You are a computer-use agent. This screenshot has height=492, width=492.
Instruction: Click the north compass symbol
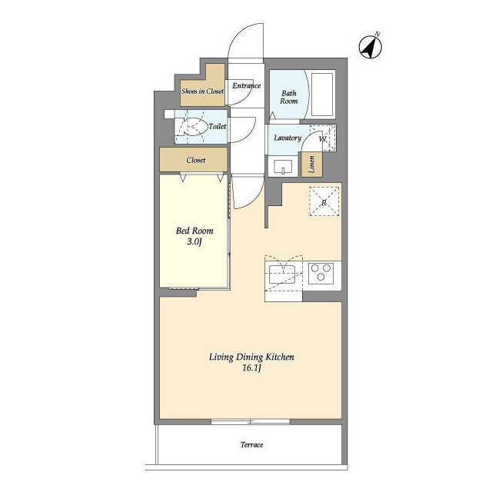(x=371, y=46)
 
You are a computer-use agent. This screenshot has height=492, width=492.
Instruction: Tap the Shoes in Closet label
(x=202, y=91)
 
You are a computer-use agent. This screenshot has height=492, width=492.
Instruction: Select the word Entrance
(x=247, y=85)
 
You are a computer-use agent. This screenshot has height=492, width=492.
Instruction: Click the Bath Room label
(x=289, y=98)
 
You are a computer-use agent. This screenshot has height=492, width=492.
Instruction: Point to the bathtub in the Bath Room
(x=322, y=95)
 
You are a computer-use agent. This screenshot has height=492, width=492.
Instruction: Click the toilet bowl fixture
(x=190, y=126)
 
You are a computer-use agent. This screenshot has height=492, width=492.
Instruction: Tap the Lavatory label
(x=288, y=138)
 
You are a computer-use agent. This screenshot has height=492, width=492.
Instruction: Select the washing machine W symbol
(x=323, y=138)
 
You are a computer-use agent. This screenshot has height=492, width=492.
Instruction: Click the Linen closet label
(x=311, y=165)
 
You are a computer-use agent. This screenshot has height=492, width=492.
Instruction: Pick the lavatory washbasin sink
(x=283, y=166)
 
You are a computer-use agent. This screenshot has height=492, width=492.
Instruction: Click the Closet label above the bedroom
(x=196, y=160)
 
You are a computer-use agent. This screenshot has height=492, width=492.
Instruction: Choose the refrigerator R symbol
(x=324, y=201)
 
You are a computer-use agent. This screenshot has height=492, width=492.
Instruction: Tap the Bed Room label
(x=194, y=231)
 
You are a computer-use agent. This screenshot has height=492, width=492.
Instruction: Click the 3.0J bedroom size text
(x=194, y=241)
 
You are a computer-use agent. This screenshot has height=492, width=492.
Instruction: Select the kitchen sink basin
(x=282, y=274)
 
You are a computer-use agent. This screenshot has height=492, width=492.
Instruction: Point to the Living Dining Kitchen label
(x=251, y=357)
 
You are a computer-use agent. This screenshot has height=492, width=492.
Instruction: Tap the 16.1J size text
(x=251, y=367)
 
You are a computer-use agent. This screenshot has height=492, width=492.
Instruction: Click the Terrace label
(x=251, y=444)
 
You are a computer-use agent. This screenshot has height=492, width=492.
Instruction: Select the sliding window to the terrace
(x=251, y=422)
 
